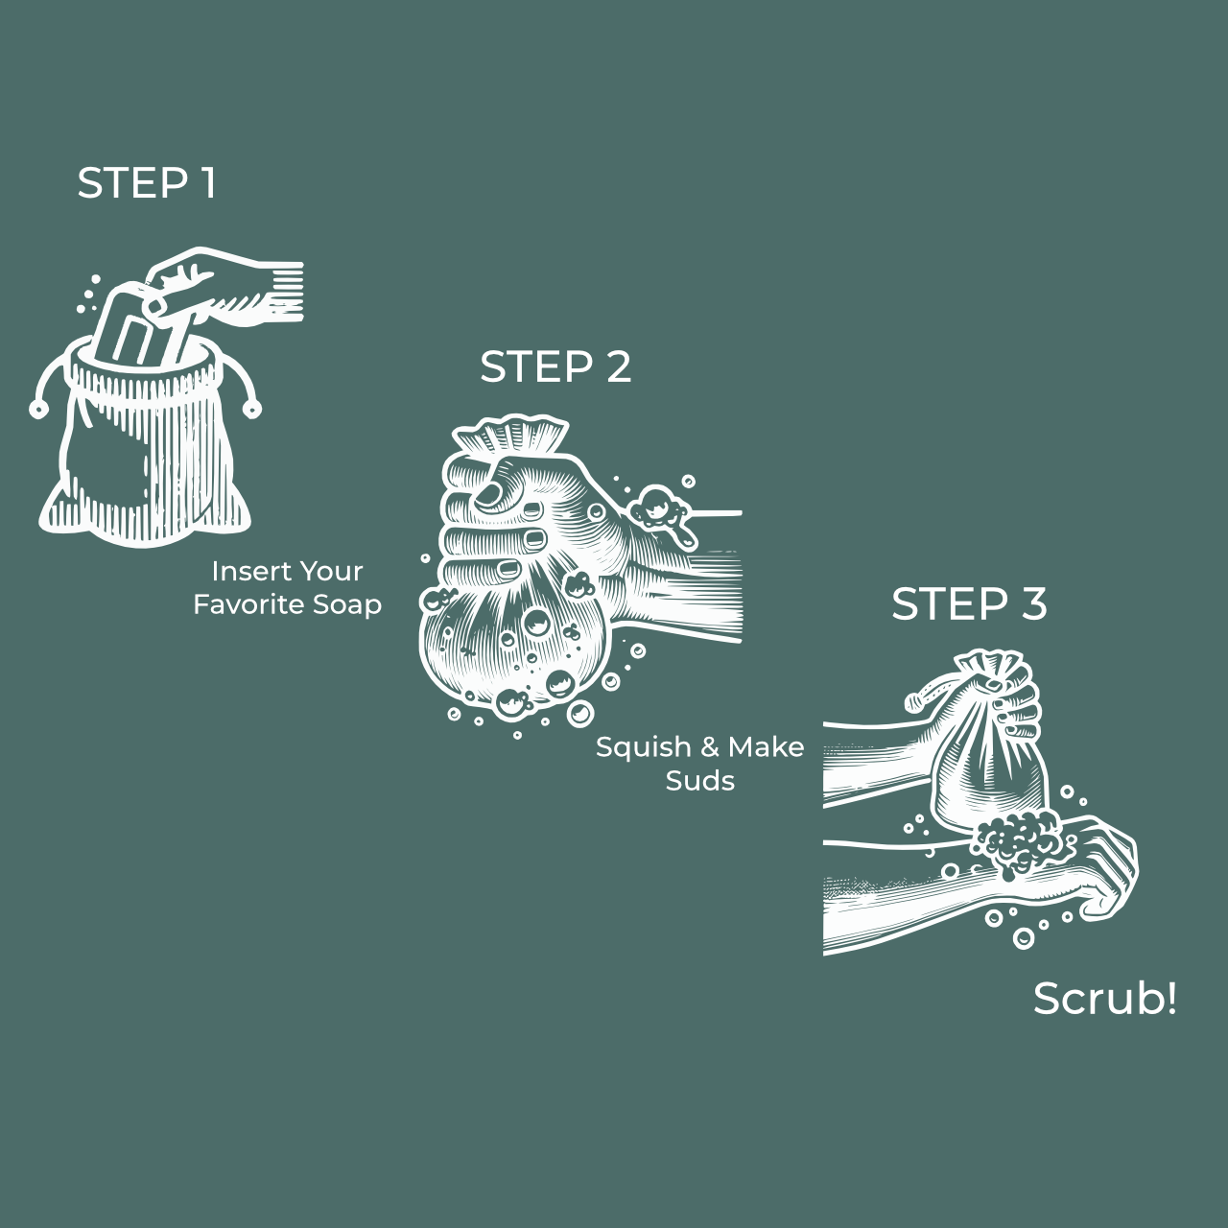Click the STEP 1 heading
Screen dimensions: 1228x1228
click(147, 183)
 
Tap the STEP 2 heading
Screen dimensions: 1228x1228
click(555, 367)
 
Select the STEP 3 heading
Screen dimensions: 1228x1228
click(969, 603)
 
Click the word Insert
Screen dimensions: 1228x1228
click(243, 571)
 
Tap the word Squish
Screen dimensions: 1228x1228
click(643, 747)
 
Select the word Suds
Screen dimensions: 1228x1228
click(699, 781)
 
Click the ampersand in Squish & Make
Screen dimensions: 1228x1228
click(709, 747)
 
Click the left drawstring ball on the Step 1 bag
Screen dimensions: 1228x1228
click(38, 409)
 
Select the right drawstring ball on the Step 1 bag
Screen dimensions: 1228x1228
click(252, 409)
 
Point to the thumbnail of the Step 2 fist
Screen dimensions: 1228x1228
click(488, 494)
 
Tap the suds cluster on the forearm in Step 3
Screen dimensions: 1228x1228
click(1017, 842)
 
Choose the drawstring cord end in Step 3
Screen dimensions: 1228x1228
click(915, 702)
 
